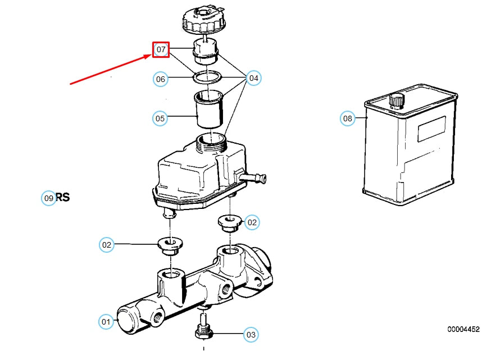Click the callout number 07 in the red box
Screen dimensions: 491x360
point(161,49)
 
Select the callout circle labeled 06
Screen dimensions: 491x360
point(160,79)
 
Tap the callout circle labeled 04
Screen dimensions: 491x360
point(253,78)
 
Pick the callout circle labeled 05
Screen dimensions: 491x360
point(160,119)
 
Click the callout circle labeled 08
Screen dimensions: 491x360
point(348,119)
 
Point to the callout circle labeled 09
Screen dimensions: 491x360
point(48,198)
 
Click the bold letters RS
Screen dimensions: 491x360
point(62,197)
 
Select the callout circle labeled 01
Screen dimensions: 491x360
point(106,321)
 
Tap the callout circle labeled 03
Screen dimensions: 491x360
point(251,335)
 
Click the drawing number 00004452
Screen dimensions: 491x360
point(463,329)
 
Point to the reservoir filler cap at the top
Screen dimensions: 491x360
point(204,20)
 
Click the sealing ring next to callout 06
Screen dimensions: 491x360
point(207,77)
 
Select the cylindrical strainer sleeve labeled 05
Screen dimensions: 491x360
point(209,110)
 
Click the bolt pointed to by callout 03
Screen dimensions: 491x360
point(204,327)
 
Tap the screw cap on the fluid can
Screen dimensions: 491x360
point(397,101)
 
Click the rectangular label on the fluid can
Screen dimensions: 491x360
point(432,129)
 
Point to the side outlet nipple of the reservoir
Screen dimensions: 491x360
point(253,178)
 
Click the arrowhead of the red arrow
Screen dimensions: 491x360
point(147,56)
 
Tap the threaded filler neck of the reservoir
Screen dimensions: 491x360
point(211,142)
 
